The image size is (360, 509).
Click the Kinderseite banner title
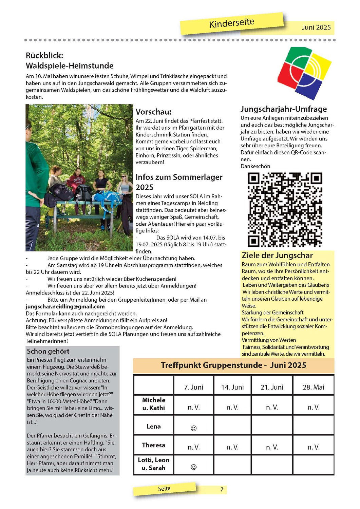click(232, 23)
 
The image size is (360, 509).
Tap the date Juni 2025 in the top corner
click(316, 27)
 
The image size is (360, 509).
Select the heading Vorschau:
click(154, 112)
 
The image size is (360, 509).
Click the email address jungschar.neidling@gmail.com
click(65, 306)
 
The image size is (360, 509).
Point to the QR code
click(285, 209)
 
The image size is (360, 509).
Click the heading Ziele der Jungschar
click(277, 256)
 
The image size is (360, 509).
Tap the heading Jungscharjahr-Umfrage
click(284, 109)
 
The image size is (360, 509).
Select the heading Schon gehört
click(48, 351)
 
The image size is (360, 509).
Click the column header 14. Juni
click(232, 387)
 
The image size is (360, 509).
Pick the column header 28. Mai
click(313, 387)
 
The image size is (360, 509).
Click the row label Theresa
click(154, 445)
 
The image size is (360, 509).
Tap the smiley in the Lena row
click(194, 428)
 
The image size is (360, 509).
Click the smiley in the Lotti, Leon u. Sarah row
click(194, 467)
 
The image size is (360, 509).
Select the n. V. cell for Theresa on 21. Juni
click(272, 447)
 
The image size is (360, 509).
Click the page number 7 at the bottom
click(222, 489)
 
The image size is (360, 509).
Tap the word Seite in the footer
click(164, 489)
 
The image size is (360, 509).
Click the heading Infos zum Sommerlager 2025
click(179, 182)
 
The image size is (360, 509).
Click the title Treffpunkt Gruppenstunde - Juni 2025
click(233, 365)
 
